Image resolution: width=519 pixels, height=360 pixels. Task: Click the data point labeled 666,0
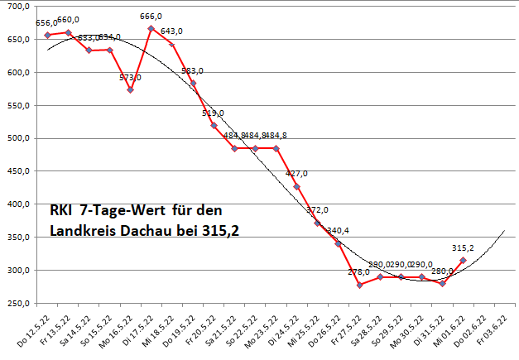(151, 28)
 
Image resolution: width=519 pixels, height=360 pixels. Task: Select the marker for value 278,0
(359, 285)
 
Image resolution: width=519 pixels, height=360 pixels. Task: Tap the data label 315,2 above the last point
(462, 247)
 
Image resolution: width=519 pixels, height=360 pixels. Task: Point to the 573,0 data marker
(131, 89)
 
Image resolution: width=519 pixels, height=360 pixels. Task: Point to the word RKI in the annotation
(61, 210)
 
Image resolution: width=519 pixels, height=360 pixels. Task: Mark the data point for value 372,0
(318, 223)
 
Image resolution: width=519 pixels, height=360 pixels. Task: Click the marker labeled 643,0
(172, 45)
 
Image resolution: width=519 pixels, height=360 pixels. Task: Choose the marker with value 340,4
(339, 243)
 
